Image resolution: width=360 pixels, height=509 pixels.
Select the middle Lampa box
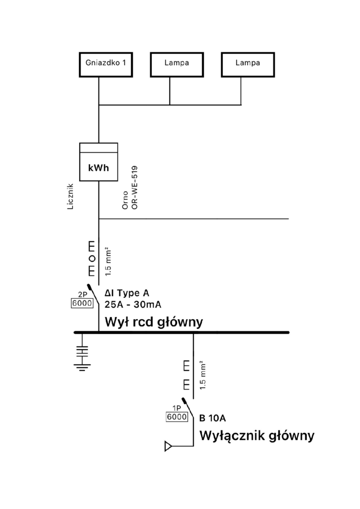coord(170,64)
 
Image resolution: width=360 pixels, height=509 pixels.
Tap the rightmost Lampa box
coord(241,64)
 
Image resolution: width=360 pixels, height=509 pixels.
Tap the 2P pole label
coord(83,294)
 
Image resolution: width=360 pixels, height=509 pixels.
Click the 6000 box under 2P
coord(83,303)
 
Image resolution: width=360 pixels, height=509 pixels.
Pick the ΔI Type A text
coord(127,293)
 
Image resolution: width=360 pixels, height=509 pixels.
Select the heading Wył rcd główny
coord(154,322)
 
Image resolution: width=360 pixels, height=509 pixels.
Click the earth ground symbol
coord(81,356)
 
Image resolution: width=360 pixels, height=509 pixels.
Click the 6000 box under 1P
coord(177,417)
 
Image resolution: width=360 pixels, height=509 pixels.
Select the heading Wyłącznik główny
coord(257,436)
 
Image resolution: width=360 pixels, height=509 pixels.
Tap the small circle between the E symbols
coord(91,258)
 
